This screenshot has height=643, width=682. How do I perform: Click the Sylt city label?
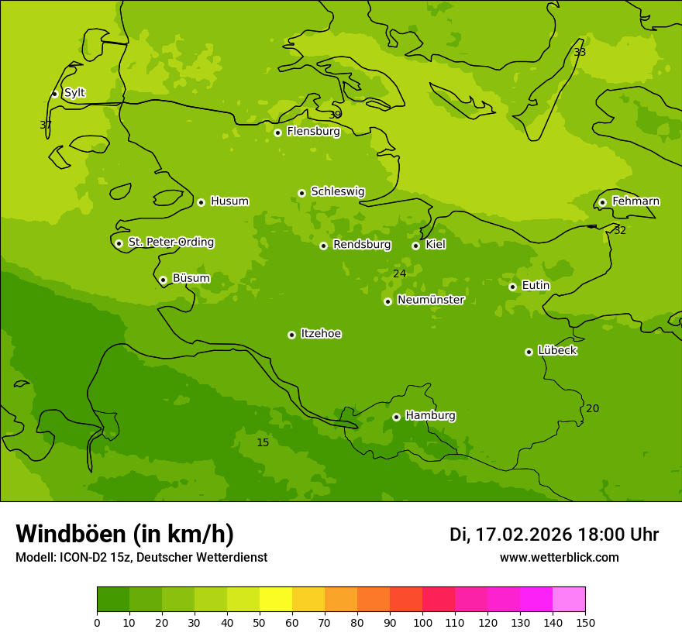tap(74, 93)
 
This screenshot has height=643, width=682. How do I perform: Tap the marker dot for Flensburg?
tap(277, 132)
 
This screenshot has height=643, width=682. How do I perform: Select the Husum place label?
tap(229, 201)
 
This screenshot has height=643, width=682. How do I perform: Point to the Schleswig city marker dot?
tap(301, 193)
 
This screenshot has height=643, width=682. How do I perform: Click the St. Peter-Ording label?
tap(170, 242)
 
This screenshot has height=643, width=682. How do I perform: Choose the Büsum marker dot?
tap(163, 280)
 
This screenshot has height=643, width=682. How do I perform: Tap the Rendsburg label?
tap(361, 245)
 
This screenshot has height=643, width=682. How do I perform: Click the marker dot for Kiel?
tap(415, 246)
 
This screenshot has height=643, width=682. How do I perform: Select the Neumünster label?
tap(430, 300)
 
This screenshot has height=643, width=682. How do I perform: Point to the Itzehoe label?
tap(321, 334)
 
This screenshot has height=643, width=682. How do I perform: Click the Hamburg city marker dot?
tap(396, 417)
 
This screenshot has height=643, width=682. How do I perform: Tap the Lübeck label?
tap(556, 350)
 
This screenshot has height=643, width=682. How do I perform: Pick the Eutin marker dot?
tap(512, 287)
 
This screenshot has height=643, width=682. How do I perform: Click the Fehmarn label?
tap(635, 201)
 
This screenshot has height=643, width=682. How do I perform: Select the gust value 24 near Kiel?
tap(399, 273)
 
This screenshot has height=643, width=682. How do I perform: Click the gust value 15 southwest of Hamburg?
tap(263, 442)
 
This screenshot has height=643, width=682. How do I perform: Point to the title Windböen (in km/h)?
tap(125, 534)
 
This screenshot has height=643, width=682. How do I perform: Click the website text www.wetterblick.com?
tap(559, 557)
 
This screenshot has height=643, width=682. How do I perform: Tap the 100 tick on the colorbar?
tap(422, 622)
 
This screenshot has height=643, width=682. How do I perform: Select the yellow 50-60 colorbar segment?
tap(276, 600)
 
